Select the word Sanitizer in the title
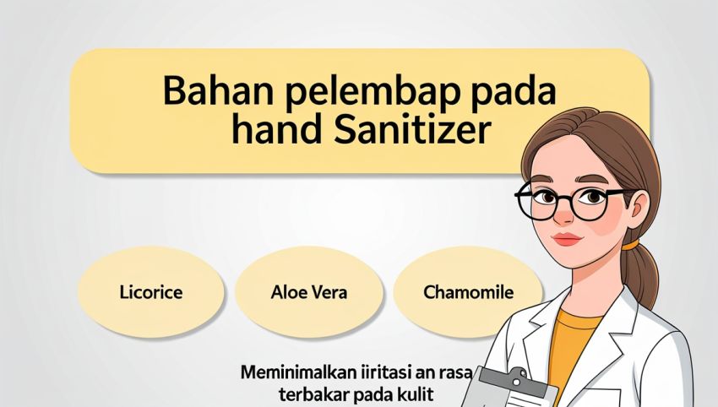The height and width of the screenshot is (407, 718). click(412, 129)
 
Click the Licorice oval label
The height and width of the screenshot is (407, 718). click(150, 292)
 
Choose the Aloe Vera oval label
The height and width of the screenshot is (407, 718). click(308, 292)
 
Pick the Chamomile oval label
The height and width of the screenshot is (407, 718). click(467, 292)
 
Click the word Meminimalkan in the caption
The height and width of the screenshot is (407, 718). click(298, 372)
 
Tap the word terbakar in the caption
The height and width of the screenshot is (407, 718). click(311, 393)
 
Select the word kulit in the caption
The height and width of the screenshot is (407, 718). click(413, 393)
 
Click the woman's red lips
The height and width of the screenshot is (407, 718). click(568, 238)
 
